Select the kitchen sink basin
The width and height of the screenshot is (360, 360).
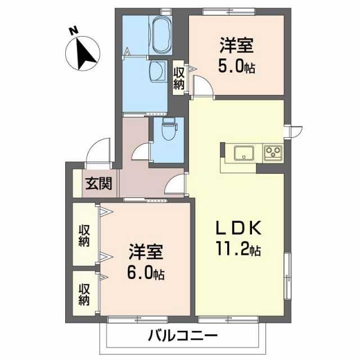point(244,153)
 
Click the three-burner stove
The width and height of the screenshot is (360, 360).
point(273,152)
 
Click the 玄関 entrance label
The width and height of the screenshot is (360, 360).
point(99,183)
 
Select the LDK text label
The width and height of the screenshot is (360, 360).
point(238,228)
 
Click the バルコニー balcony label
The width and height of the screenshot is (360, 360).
point(182,336)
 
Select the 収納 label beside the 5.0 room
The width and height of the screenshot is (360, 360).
point(179,79)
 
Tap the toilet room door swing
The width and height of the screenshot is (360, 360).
point(141,151)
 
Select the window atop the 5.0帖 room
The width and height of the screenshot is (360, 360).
point(229,11)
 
